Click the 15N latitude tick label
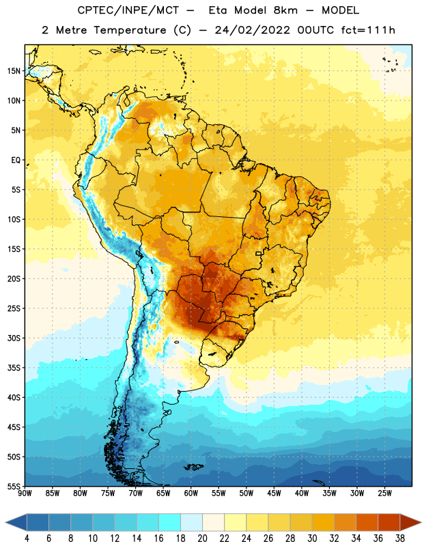14,71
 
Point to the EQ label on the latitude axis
16,160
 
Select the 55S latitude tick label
14,486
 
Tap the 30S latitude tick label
14,338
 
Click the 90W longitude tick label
25,493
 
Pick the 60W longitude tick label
191,493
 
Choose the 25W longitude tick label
384,493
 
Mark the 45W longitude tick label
274,493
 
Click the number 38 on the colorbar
400,538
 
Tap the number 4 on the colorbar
27,538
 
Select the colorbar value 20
202,538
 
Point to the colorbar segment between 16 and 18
170,522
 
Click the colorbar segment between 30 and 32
323,522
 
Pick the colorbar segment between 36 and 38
389,522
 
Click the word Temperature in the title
130,30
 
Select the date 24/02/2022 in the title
252,30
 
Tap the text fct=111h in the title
368,30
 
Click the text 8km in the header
285,10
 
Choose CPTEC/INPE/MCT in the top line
128,10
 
